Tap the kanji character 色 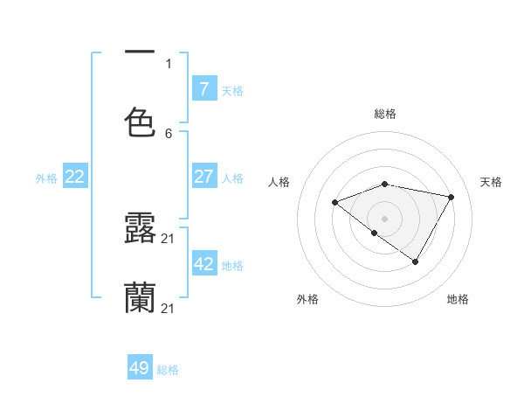pos(140,123)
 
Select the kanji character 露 pos(140,227)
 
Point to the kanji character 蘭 pos(140,298)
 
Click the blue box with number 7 pos(204,88)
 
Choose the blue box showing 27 pos(204,177)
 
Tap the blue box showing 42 pos(204,263)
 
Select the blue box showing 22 pos(75,177)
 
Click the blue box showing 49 pos(140,368)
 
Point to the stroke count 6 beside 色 pos(169,134)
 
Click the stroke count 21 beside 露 pos(169,238)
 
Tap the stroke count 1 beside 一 pos(169,64)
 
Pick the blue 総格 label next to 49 pos(168,370)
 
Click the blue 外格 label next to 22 pos(46,178)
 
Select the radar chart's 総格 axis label pos(385,114)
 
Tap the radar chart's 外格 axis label pos(307,299)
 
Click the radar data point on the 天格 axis pos(452,197)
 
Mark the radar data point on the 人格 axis pos(334,203)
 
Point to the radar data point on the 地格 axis pos(416,261)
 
